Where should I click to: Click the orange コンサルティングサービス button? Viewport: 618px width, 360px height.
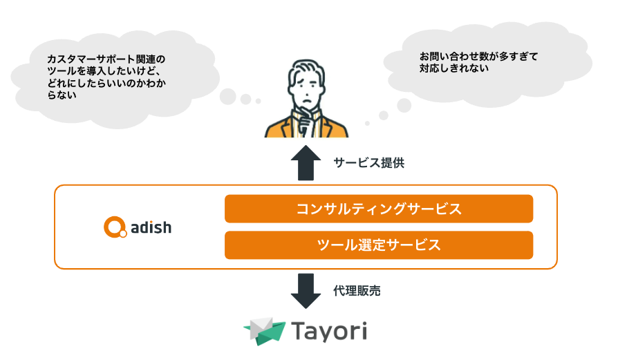(x=379, y=209)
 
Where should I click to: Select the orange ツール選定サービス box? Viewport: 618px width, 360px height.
(x=379, y=245)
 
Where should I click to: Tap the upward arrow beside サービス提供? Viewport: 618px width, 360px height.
(x=306, y=162)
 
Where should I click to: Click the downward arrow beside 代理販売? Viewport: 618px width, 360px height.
(x=306, y=291)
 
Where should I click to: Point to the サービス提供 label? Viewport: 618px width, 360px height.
(x=369, y=162)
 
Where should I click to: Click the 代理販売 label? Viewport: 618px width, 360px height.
(x=357, y=291)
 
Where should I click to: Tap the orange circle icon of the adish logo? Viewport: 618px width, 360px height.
(x=115, y=227)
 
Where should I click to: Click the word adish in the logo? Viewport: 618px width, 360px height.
(x=151, y=227)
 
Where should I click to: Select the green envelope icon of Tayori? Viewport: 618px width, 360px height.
(x=265, y=331)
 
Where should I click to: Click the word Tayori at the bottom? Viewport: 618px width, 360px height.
(x=330, y=331)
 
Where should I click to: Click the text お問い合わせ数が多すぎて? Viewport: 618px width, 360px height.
(x=478, y=57)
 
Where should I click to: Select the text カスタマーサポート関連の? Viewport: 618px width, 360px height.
(x=106, y=59)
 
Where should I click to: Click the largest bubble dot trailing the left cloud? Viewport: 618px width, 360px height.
(x=228, y=97)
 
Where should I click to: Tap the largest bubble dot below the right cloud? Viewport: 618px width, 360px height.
(x=404, y=105)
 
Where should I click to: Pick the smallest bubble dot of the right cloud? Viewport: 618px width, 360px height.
(x=367, y=123)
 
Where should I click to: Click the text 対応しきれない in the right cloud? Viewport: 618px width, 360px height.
(x=454, y=68)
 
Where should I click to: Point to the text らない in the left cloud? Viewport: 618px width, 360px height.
(x=62, y=95)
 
